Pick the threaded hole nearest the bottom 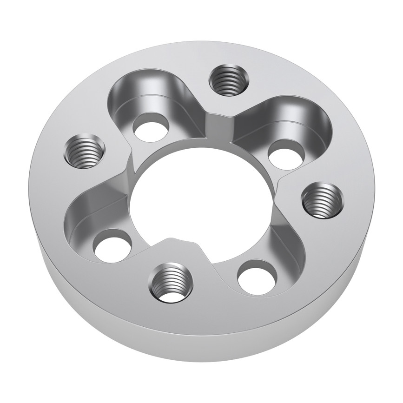[x=170, y=282]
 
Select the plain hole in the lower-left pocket [x=112, y=245]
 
